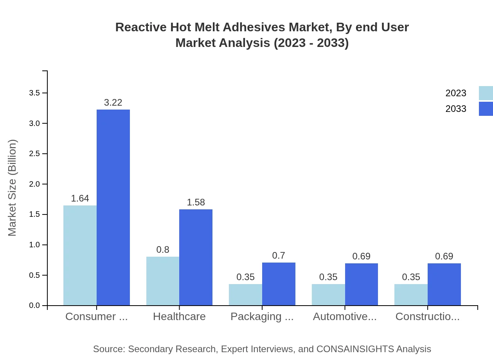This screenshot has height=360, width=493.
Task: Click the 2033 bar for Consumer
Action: [x=113, y=207]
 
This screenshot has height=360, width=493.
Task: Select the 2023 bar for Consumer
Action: [x=80, y=255]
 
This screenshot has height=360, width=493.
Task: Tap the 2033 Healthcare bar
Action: [x=196, y=257]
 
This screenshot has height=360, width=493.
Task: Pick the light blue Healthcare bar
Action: [x=163, y=281]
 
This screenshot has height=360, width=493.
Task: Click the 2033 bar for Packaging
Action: [x=279, y=284]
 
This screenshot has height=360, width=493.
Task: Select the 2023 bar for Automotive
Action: [x=328, y=295]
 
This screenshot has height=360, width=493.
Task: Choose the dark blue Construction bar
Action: [x=444, y=284]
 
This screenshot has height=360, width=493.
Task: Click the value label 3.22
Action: [x=113, y=103]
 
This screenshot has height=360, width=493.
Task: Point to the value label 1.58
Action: [x=196, y=202]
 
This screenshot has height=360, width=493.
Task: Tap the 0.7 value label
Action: [x=279, y=256]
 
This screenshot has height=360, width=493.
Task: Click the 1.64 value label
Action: [x=80, y=198]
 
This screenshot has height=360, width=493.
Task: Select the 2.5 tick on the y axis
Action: [x=35, y=154]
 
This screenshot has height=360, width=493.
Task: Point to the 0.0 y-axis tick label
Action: [x=35, y=306]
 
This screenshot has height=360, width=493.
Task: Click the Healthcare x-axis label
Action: [x=179, y=317]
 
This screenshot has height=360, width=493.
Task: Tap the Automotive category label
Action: [x=345, y=317]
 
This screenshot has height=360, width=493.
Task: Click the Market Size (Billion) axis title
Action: [x=13, y=188]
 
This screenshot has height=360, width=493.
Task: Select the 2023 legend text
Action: [x=456, y=93]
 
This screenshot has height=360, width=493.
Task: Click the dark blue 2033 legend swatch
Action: [x=486, y=109]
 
